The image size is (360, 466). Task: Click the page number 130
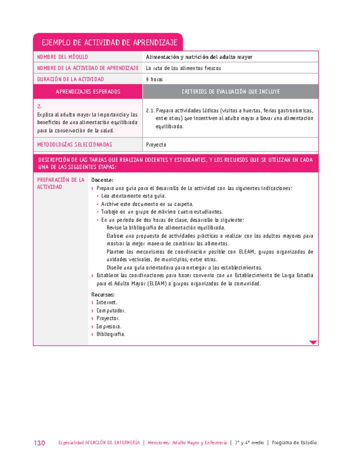coord(39,443)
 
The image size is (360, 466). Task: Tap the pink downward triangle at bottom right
coord(313,342)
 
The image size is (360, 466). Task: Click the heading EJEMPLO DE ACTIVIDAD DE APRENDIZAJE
coord(108,42)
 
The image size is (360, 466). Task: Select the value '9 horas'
coord(154,79)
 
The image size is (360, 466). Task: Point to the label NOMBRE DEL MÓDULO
coord(62,57)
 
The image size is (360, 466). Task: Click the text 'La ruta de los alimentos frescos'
coord(183,68)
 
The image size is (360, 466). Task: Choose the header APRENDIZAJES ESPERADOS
coord(88,91)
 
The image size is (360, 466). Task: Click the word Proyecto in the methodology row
coord(156,144)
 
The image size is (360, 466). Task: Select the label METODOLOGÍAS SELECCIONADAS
coord(74,144)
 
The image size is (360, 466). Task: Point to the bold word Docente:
coord(102,180)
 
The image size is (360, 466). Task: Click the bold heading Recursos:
coord(103,294)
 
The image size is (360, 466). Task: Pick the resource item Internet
coord(107,302)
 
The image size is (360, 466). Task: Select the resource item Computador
coord(111,310)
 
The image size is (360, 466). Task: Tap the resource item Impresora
coord(109,326)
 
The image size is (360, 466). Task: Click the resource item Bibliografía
coord(111,334)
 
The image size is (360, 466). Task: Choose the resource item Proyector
coord(108,318)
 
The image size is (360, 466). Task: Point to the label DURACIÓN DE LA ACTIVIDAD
coord(70,79)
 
